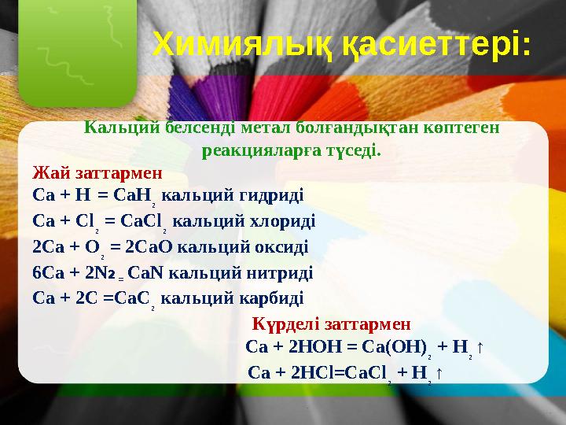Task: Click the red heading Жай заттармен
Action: click(97, 172)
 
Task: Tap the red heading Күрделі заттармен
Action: click(331, 324)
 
